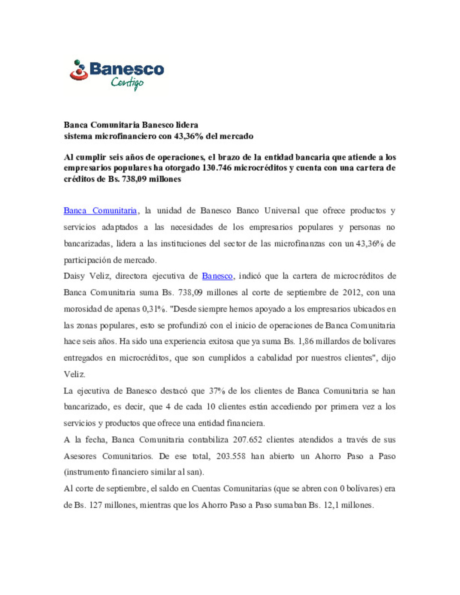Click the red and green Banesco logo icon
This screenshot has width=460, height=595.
(79, 70)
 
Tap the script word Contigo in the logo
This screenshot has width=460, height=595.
(127, 83)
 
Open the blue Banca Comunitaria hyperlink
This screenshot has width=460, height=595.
(100, 211)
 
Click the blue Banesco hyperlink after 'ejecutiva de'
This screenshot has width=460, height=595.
(217, 276)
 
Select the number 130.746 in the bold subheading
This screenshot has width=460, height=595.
(216, 168)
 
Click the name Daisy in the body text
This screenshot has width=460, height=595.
(74, 276)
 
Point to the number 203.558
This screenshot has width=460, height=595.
(231, 456)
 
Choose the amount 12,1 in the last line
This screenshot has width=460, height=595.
(330, 505)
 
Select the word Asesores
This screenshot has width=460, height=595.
(80, 456)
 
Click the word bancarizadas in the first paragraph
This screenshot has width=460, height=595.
(87, 243)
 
